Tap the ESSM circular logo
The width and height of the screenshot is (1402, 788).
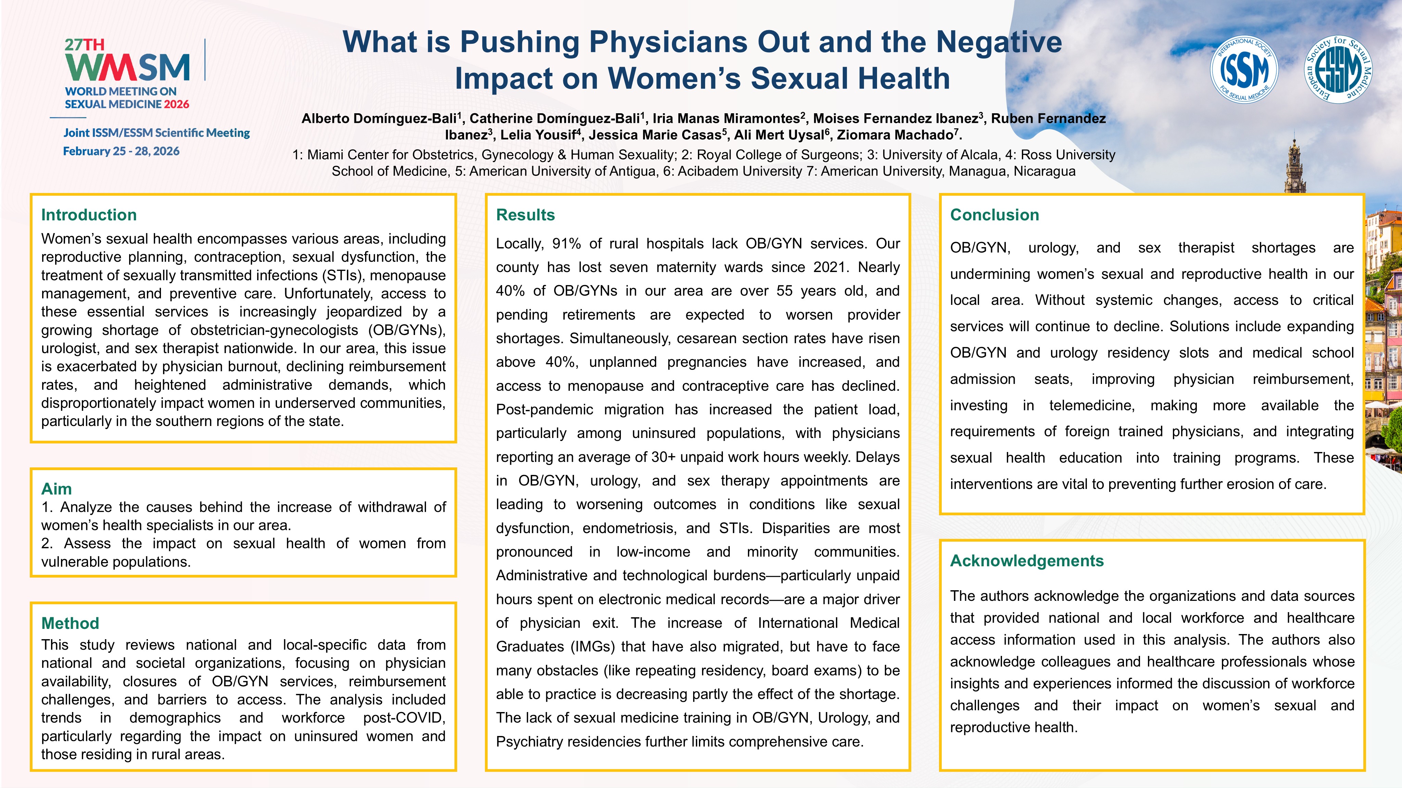(x=1338, y=69)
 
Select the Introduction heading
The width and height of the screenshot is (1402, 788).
(x=89, y=215)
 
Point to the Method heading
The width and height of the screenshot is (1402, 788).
(x=70, y=623)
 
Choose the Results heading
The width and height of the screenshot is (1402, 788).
(x=525, y=215)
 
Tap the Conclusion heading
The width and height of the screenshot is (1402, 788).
(x=994, y=215)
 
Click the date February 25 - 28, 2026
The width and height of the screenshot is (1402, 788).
(x=121, y=151)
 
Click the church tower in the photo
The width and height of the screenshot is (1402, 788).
(x=1294, y=166)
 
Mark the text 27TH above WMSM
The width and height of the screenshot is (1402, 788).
(x=84, y=44)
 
